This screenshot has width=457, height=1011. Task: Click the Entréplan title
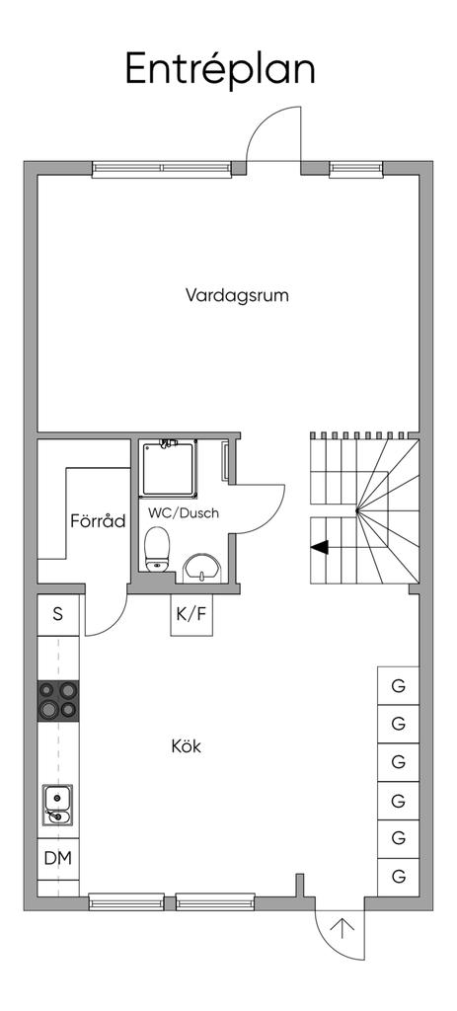[x=220, y=70]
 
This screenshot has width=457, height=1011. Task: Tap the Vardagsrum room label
[x=237, y=296]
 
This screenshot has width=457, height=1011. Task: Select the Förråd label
[x=98, y=520]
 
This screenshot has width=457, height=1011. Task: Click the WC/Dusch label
[x=184, y=513]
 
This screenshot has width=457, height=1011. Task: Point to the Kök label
[x=187, y=746]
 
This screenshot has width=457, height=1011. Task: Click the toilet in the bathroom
[x=157, y=549]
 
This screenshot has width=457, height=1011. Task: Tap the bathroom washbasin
[x=201, y=568]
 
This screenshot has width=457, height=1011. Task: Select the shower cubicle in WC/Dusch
[x=168, y=468]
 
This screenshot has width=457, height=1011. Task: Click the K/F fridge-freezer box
[x=191, y=614]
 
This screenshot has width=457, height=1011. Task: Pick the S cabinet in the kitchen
[x=58, y=614]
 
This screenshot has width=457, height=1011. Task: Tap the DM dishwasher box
[x=58, y=858]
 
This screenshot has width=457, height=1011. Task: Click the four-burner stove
[x=58, y=700]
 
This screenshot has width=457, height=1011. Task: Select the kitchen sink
[x=58, y=805]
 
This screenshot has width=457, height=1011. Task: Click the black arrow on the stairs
[x=319, y=547]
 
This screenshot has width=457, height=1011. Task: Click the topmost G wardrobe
[x=399, y=686]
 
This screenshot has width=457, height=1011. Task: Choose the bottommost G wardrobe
[x=399, y=877]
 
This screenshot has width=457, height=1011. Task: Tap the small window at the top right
[x=356, y=169]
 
